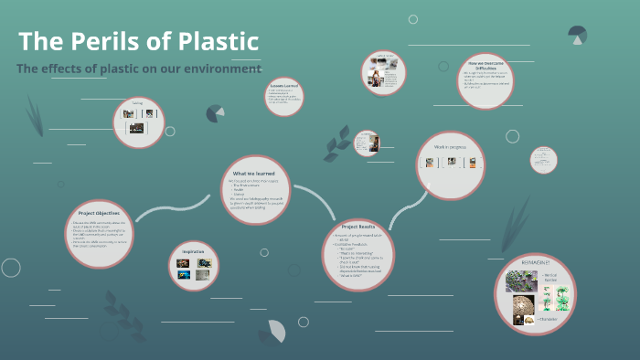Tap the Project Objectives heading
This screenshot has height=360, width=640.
[x=100, y=214]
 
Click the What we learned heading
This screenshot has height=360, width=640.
[x=253, y=173]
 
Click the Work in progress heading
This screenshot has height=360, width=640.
[x=450, y=146]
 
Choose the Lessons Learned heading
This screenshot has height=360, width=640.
[x=283, y=86]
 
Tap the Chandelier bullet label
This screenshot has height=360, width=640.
[x=549, y=318]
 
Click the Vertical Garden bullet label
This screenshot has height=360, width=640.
[x=549, y=278]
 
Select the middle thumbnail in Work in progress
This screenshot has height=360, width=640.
[x=451, y=162]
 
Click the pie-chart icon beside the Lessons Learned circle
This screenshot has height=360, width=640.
[x=216, y=113]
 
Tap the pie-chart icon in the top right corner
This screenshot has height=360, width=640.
[x=577, y=36]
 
